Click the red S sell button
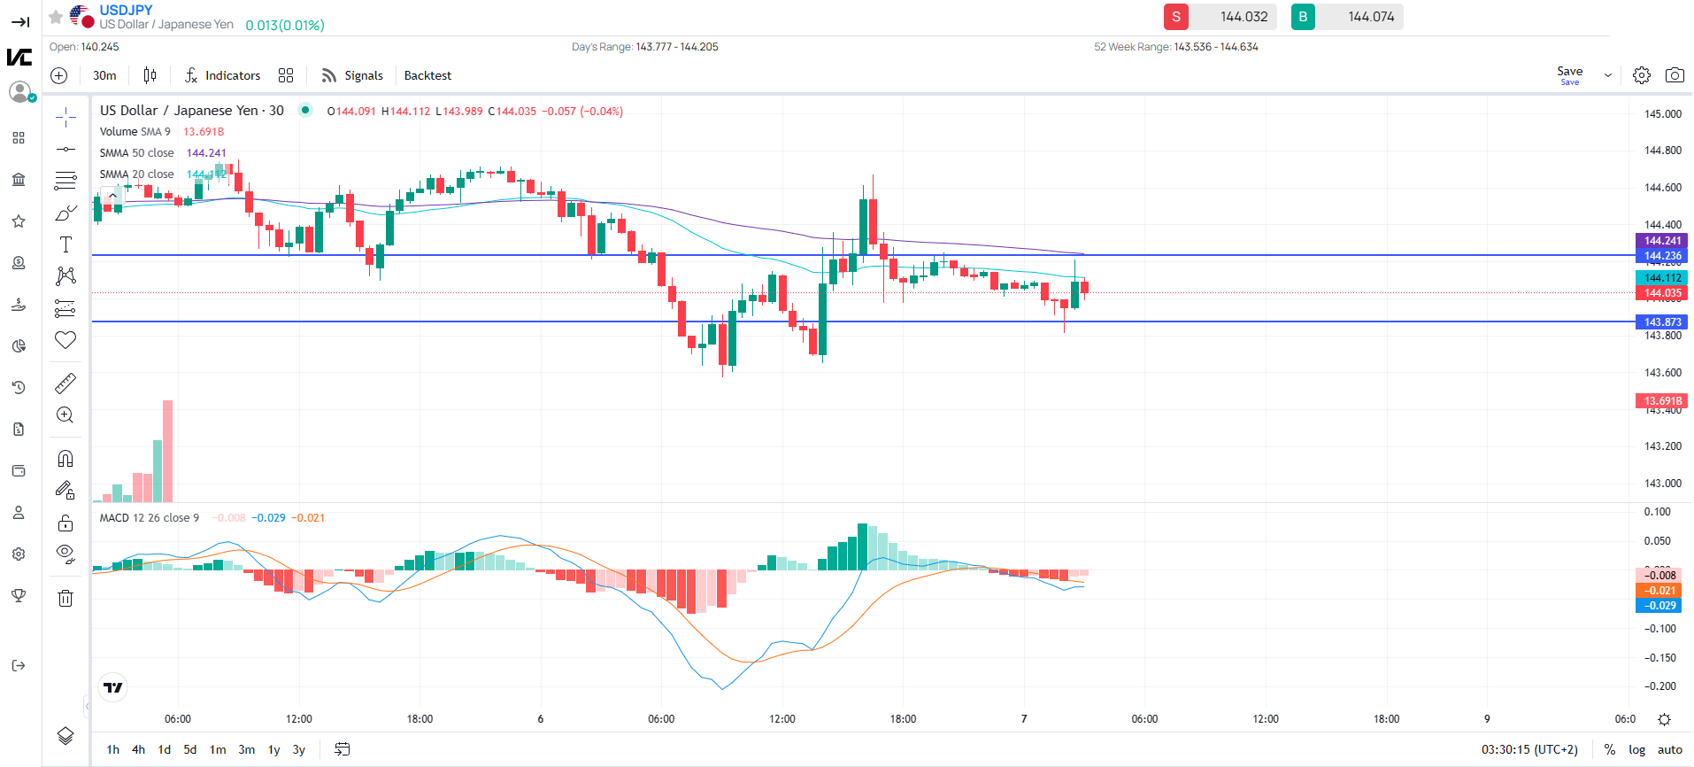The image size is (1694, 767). [1175, 17]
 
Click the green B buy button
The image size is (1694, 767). [1303, 17]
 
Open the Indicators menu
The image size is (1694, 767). [223, 75]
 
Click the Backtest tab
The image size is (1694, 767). [427, 75]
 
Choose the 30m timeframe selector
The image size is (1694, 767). [104, 75]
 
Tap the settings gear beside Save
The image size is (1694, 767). [1641, 75]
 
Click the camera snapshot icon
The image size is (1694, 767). [1675, 75]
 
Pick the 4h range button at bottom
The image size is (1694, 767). [138, 749]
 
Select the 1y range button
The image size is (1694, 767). [274, 749]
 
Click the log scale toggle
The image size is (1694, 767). [1637, 749]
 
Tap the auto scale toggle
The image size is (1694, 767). [1670, 749]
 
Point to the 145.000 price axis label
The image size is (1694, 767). [1663, 113]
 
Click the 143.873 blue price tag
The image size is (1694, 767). [1662, 322]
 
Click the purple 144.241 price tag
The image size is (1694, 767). [1662, 241]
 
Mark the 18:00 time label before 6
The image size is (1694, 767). [420, 719]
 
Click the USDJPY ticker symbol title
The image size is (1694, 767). [126, 10]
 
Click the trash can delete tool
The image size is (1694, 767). [65, 599]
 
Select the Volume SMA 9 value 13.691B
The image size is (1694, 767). [204, 132]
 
